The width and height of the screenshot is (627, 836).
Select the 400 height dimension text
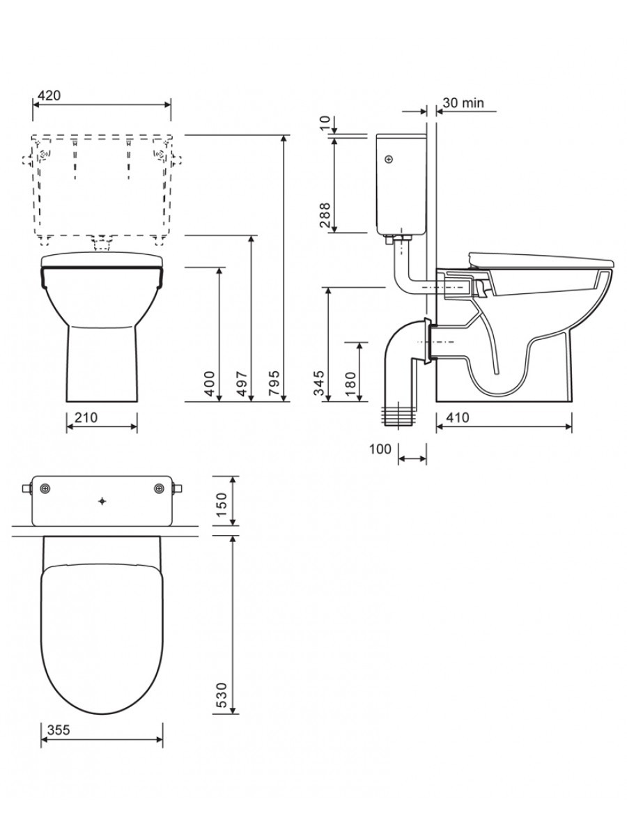(x=209, y=383)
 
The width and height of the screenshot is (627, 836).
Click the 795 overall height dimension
(x=274, y=383)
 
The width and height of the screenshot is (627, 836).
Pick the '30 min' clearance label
(x=463, y=102)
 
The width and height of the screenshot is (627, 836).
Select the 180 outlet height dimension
(x=350, y=384)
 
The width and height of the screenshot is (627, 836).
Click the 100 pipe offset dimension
(x=380, y=449)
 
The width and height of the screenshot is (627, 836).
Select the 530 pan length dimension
(x=222, y=696)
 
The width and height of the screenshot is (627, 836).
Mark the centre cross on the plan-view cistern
(x=102, y=501)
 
